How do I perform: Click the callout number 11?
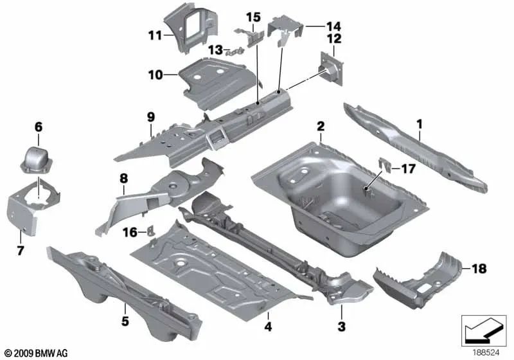155,35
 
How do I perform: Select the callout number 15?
253,17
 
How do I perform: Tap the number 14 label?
333,26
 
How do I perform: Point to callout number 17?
408,169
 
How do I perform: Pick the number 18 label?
479,269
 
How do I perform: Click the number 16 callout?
130,233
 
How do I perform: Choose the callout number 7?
21,251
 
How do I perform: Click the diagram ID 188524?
486,353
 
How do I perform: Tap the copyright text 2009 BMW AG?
36,353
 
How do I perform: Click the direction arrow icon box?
484,331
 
